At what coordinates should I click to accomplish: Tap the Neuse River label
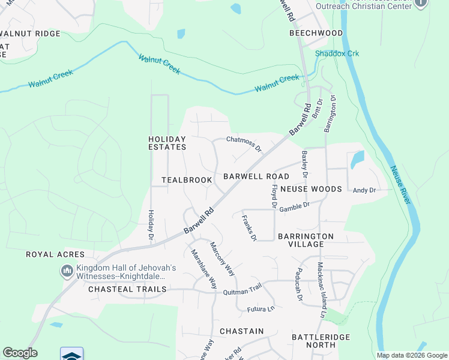400,185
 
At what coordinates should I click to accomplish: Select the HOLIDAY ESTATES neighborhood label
167,143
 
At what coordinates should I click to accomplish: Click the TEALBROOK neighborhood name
187,180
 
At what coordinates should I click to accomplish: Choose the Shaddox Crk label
337,53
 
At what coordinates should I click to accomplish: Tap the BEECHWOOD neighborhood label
316,33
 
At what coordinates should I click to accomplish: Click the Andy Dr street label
364,190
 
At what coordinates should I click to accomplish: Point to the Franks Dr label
249,228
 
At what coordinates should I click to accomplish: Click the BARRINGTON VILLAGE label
306,241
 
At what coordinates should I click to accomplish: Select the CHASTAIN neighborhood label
241,331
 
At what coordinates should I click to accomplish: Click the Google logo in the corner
20,353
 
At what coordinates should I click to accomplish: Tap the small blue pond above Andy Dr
357,159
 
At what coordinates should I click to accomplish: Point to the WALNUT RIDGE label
31,34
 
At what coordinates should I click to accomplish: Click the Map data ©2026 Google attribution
411,355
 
